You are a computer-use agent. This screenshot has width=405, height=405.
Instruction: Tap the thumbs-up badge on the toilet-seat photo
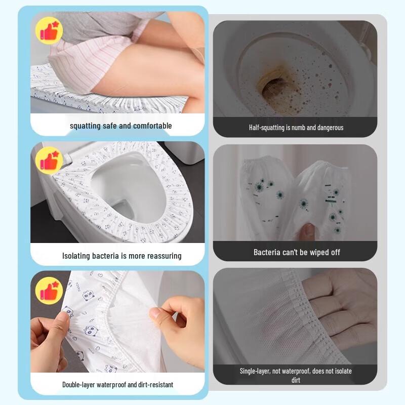tap(49, 160)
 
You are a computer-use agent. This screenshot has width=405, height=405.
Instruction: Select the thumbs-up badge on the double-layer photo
tap(49, 292)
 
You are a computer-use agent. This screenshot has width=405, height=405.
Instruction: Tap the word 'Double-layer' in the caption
tap(80, 385)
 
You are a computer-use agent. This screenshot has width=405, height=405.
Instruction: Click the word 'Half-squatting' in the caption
tap(266, 128)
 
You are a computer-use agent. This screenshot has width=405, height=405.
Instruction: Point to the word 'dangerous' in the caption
tap(329, 128)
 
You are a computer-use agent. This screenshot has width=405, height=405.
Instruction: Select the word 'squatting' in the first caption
tap(85, 126)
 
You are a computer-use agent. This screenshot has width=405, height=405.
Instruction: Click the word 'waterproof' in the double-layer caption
tap(114, 385)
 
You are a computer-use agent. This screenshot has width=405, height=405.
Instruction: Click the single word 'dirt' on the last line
tap(296, 380)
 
